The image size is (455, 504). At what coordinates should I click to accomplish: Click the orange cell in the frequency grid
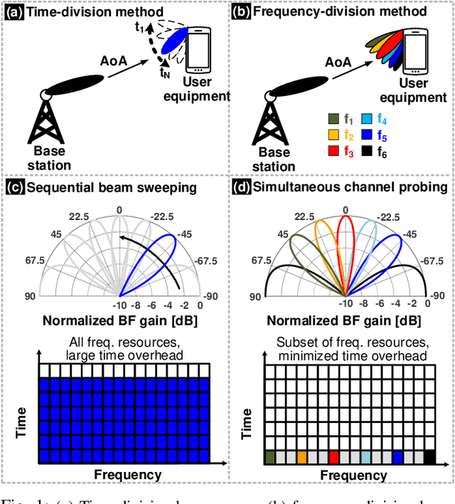(302, 456)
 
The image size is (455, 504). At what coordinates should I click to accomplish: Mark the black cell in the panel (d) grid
(429, 456)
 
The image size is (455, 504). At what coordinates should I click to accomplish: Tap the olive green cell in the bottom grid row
(269, 456)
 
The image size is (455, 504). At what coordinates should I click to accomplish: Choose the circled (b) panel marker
(242, 11)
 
